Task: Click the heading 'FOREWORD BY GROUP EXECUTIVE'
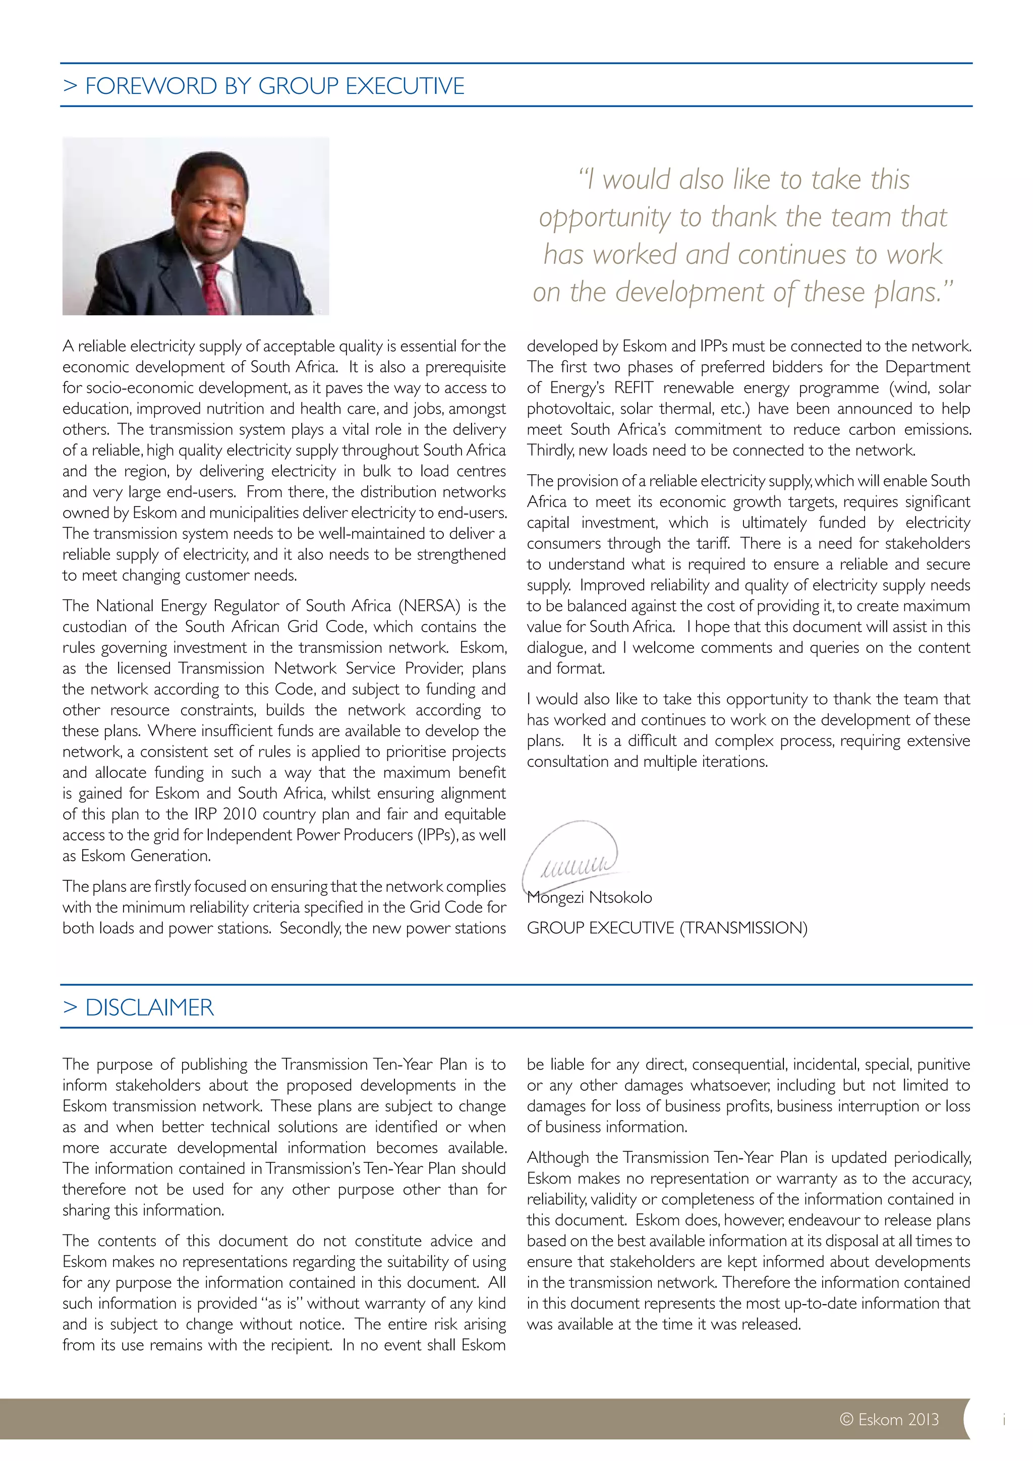274,86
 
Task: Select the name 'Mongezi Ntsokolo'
590,897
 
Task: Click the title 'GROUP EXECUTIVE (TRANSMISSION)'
667,928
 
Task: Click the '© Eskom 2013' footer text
889,1420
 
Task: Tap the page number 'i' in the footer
1004,1420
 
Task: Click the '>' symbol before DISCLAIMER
70,1008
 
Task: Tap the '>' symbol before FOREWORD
70,86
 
